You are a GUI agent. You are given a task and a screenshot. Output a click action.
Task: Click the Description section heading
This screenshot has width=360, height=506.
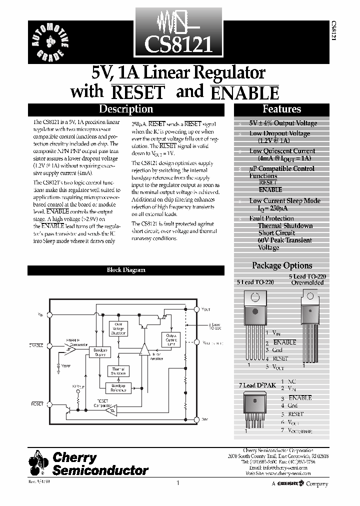(x=125, y=109)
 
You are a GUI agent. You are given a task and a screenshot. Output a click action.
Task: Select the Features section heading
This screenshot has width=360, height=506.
(x=281, y=109)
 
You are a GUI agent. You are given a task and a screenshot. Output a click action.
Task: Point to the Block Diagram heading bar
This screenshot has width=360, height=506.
(x=126, y=270)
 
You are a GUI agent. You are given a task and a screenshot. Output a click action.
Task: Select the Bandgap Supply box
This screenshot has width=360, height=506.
(x=100, y=352)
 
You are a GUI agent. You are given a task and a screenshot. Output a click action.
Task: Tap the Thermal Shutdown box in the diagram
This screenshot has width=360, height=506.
(x=118, y=370)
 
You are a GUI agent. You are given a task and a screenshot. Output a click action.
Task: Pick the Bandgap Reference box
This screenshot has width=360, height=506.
(x=118, y=388)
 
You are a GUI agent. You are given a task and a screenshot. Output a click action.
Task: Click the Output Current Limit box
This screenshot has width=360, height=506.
(x=171, y=339)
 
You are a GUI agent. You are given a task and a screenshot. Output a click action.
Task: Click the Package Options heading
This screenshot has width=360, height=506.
(x=281, y=265)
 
